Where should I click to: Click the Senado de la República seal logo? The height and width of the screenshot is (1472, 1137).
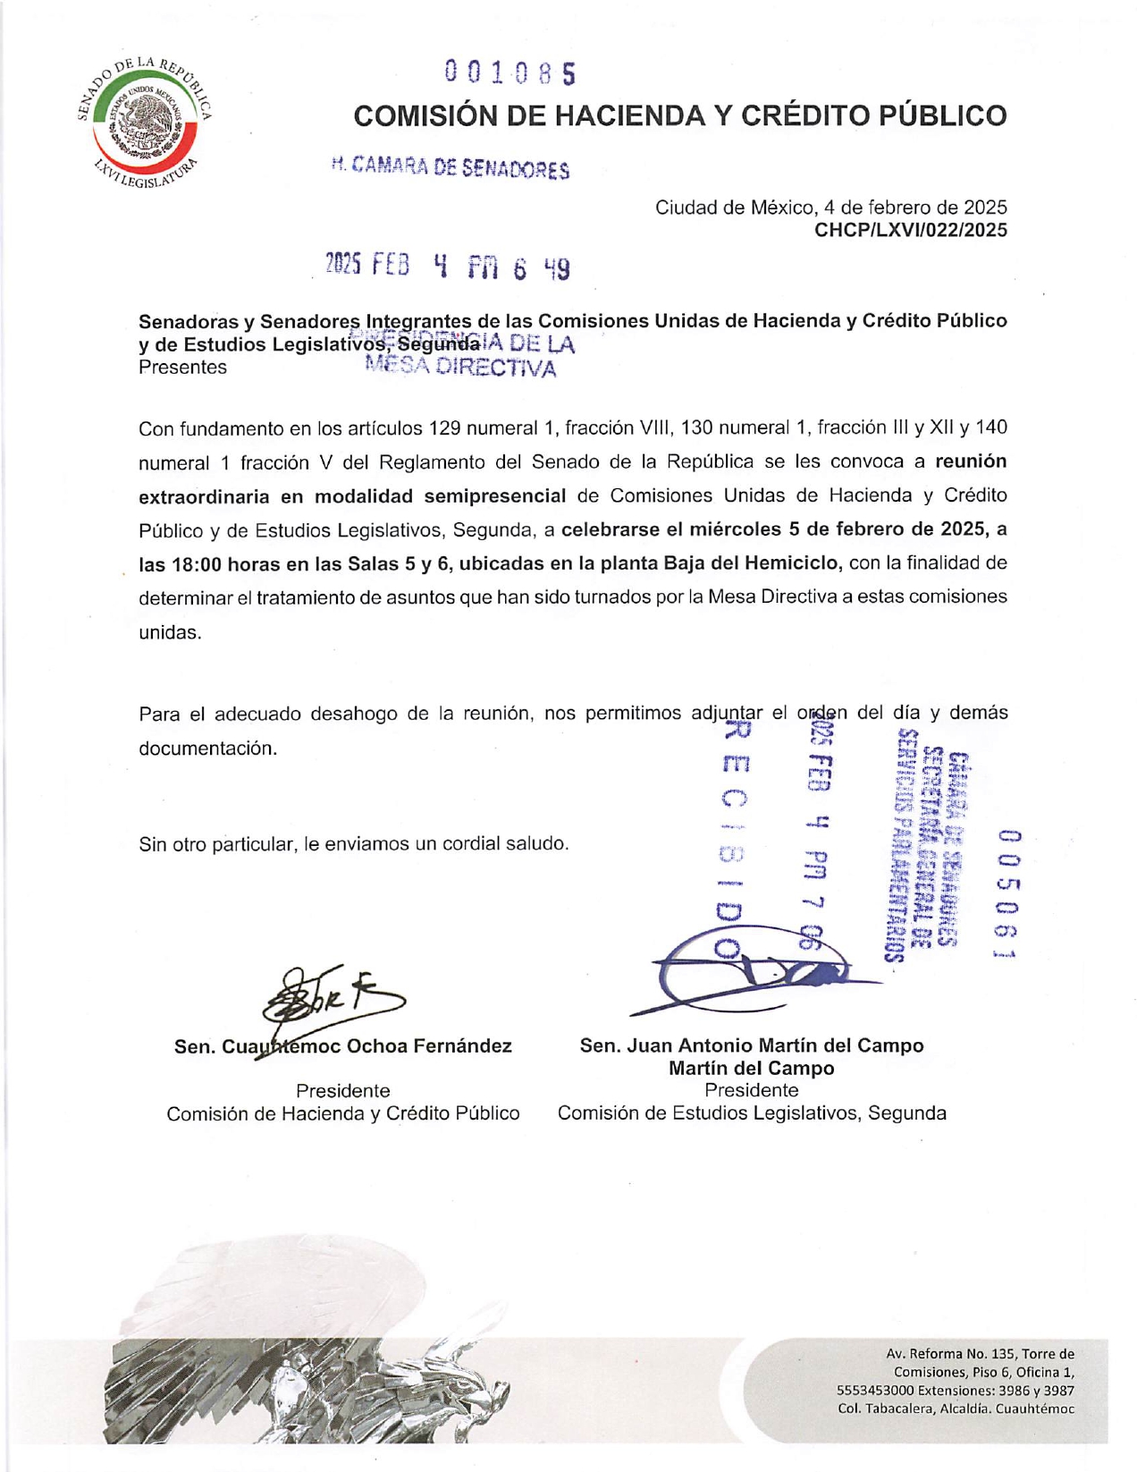[x=144, y=122]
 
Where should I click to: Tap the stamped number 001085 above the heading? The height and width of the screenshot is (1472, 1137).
[x=510, y=72]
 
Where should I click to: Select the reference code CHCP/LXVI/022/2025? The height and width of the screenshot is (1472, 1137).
[x=910, y=231]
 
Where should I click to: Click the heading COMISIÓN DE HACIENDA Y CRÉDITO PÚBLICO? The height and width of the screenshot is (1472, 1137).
[x=679, y=115]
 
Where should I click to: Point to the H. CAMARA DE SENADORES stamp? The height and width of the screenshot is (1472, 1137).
[x=450, y=167]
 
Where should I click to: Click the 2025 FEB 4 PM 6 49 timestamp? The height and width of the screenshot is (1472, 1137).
[x=447, y=266]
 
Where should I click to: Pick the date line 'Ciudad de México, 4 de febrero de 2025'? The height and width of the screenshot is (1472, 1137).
[x=830, y=207]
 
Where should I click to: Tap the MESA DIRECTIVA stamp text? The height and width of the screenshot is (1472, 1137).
[x=461, y=368]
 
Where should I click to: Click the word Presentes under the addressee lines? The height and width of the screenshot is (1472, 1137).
[x=182, y=368]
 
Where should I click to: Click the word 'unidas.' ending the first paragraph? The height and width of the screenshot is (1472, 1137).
[x=170, y=631]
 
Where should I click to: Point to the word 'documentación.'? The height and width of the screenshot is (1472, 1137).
[x=207, y=748]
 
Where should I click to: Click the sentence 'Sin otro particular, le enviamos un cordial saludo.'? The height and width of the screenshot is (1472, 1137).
[x=353, y=843]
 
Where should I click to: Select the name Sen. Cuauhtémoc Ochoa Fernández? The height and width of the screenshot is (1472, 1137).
[x=342, y=1046]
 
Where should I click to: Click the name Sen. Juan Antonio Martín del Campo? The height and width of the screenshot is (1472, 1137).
[x=751, y=1045]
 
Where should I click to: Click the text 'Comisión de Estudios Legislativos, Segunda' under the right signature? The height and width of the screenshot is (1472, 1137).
[x=751, y=1113]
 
